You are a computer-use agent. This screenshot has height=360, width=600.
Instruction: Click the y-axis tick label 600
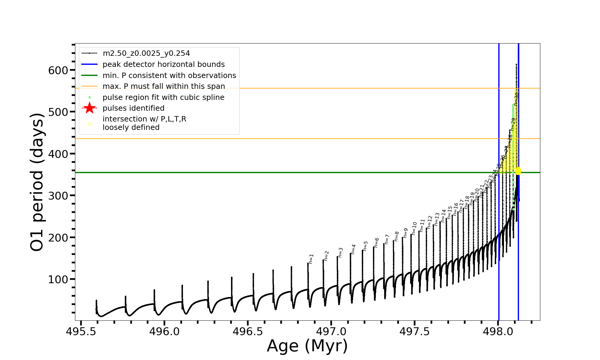point(58,70)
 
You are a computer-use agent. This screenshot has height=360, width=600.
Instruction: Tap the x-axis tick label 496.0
point(164,331)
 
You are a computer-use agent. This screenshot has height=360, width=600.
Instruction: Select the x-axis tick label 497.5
point(414,331)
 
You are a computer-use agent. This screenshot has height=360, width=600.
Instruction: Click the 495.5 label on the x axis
point(81,331)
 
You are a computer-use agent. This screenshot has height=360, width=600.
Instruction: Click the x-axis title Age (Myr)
point(307,346)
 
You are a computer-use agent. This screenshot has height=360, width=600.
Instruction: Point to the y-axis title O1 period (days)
point(37,182)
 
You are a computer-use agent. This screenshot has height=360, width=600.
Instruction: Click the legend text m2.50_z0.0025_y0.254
point(146,53)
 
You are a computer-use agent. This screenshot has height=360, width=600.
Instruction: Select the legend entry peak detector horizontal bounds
point(163,64)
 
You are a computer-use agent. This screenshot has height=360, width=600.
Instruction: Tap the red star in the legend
point(89,108)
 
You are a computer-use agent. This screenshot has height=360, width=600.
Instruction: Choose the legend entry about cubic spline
point(163,97)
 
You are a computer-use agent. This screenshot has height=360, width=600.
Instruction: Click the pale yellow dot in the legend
point(89,124)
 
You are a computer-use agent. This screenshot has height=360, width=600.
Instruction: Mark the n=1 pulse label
point(311,259)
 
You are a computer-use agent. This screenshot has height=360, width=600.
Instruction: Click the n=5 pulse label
point(365,246)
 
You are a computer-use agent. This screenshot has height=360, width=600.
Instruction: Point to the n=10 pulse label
point(414,228)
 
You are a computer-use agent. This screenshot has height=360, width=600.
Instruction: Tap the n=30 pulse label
point(516,99)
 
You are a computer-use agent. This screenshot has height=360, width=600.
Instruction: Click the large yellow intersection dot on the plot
point(518,171)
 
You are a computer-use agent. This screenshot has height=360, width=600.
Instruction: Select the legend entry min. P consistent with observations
point(169,76)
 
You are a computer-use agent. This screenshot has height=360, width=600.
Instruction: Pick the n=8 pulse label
point(397,236)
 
